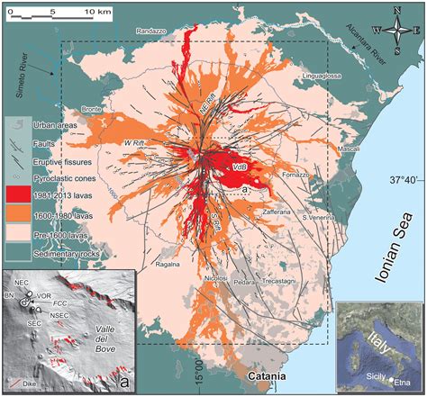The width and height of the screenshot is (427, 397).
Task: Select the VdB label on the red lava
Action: click(x=239, y=167)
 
